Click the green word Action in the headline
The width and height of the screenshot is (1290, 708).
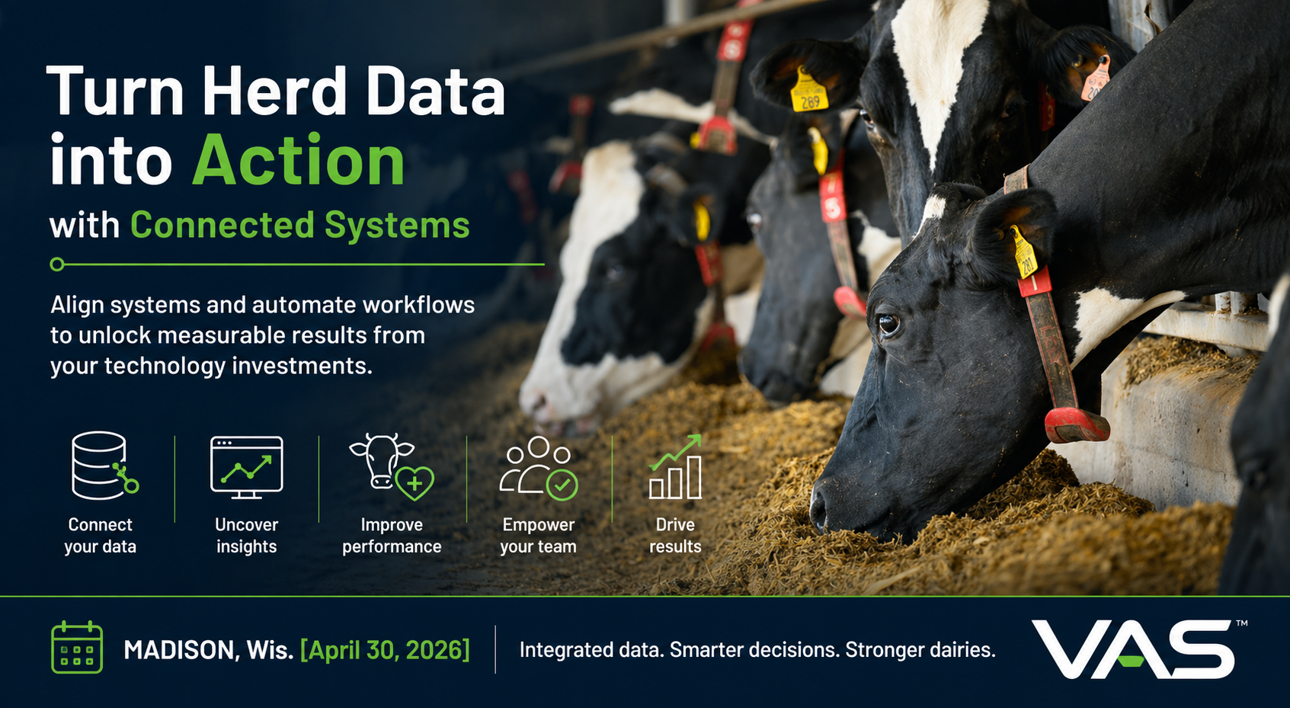coord(299,161)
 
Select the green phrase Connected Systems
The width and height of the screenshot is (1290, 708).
coord(299,226)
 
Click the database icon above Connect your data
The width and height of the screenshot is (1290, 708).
coord(101,466)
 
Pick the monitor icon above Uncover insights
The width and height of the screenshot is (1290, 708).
coord(246,467)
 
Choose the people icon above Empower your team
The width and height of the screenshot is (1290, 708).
coord(538,467)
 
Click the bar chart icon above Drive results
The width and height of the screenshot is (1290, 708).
coord(675,467)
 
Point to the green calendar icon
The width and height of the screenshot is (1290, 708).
coord(77,648)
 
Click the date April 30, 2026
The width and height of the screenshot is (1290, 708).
coord(385,650)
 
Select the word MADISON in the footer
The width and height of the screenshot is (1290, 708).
coord(178,650)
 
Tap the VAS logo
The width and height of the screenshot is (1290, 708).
coord(1133,649)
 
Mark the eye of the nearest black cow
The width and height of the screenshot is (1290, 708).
coord(888,324)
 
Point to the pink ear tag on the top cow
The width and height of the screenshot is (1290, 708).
coord(1096,80)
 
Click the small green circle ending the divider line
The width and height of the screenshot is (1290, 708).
coord(57,264)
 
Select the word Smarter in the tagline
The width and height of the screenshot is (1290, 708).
coord(715,650)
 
